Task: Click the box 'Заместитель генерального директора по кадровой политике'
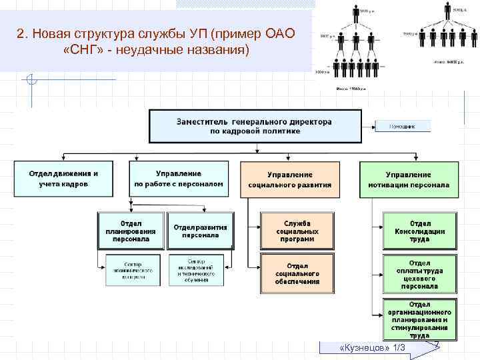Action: pyautogui.click(x=254, y=127)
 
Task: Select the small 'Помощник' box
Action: pyautogui.click(x=401, y=125)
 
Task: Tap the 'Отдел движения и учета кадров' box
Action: pyautogui.click(x=63, y=179)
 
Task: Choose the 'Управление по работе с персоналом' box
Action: pyautogui.click(x=179, y=179)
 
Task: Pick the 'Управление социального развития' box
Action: pyautogui.click(x=289, y=179)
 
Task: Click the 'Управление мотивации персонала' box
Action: pyautogui.click(x=408, y=179)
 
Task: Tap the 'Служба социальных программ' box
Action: pyautogui.click(x=297, y=231)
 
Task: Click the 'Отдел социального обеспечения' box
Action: pyautogui.click(x=297, y=273)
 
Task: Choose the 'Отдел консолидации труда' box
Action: pyautogui.click(x=420, y=231)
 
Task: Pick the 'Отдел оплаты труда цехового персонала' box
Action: pyautogui.click(x=420, y=274)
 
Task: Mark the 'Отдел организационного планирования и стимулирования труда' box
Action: pyautogui.click(x=420, y=320)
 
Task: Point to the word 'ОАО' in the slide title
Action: pyautogui.click(x=278, y=33)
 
